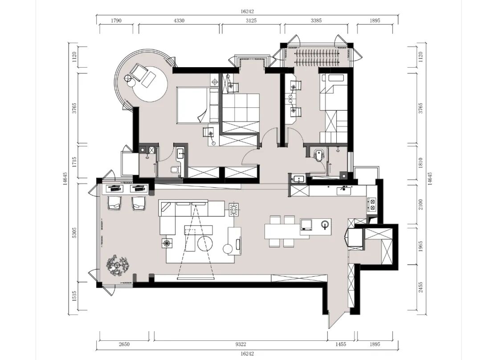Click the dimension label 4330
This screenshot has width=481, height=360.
click(x=179, y=20)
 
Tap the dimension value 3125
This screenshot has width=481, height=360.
click(x=251, y=20)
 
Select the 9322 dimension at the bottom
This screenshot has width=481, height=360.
click(x=241, y=344)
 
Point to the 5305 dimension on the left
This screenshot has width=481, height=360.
click(x=74, y=233)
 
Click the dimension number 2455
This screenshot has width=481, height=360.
click(x=421, y=287)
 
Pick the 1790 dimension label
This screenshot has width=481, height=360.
click(x=116, y=20)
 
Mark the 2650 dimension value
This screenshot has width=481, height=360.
click(x=124, y=344)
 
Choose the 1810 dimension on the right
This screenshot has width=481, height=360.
click(x=421, y=163)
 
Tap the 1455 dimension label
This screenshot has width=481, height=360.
click(x=341, y=344)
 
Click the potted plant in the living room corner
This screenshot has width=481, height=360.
click(x=117, y=265)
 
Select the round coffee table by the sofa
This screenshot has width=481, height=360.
click(x=205, y=243)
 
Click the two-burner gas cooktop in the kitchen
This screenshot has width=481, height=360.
click(x=372, y=205)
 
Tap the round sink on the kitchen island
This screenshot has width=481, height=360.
click(x=325, y=225)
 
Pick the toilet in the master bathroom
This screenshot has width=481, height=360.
click(x=174, y=170)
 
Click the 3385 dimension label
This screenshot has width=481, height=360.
click(x=316, y=20)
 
